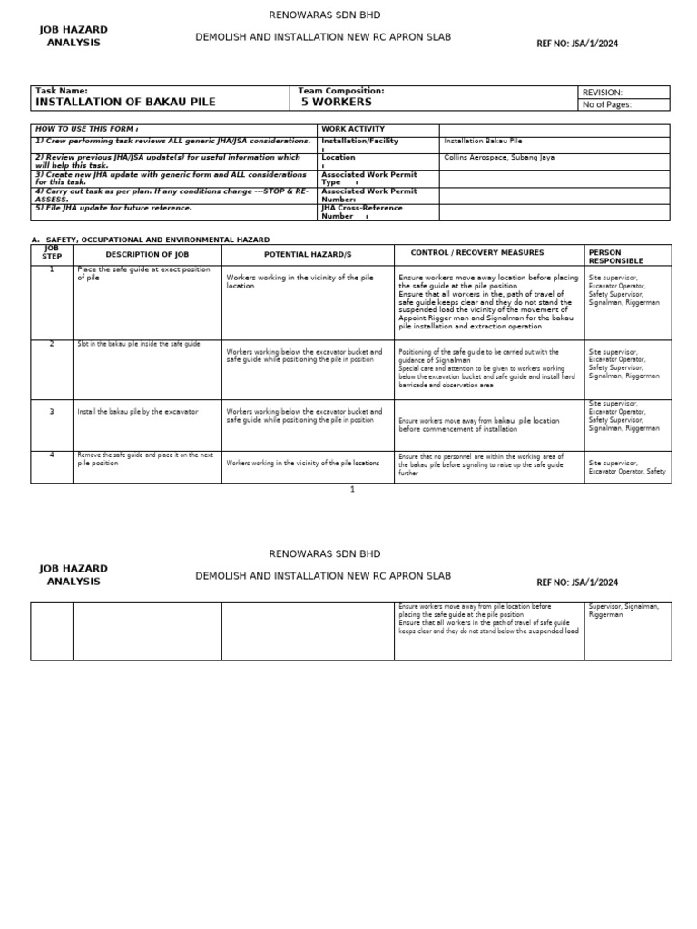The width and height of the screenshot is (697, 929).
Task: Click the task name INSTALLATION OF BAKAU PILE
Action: click(x=125, y=103)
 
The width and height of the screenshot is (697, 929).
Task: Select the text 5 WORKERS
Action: click(x=337, y=103)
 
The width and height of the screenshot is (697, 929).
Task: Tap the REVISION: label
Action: click(x=602, y=93)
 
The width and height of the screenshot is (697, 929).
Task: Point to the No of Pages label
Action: click(x=606, y=104)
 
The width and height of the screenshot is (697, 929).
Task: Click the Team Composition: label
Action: click(x=341, y=91)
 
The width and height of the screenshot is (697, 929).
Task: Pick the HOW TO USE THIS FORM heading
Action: click(x=87, y=130)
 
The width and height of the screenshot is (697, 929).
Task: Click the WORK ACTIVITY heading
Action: click(x=353, y=130)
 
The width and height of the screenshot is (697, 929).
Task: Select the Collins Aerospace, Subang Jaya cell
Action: click(x=499, y=158)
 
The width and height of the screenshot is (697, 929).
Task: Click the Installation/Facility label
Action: click(x=359, y=142)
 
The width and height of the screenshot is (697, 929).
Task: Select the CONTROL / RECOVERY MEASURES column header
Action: click(x=477, y=253)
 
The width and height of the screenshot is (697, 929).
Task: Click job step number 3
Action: click(x=52, y=412)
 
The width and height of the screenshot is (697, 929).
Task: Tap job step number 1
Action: click(x=52, y=269)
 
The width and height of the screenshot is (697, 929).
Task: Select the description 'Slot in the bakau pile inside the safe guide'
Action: click(x=139, y=345)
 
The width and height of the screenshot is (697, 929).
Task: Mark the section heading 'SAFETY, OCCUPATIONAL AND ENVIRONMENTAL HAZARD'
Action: click(x=157, y=240)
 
